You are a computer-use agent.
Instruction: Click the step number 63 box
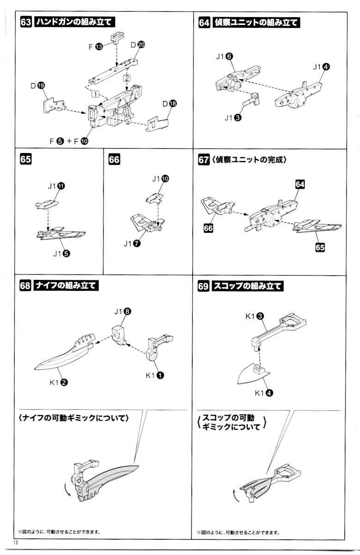point(26,22)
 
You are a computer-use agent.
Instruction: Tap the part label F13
point(96,47)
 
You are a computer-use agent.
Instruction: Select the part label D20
point(138,45)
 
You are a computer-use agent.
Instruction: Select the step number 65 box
point(26,160)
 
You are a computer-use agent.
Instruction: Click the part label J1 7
point(131,244)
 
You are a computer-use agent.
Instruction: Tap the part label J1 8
point(122,311)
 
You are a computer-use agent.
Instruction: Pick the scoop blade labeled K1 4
point(252,375)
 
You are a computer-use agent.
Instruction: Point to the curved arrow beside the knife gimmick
point(68,491)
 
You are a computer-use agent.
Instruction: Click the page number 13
point(17,542)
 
